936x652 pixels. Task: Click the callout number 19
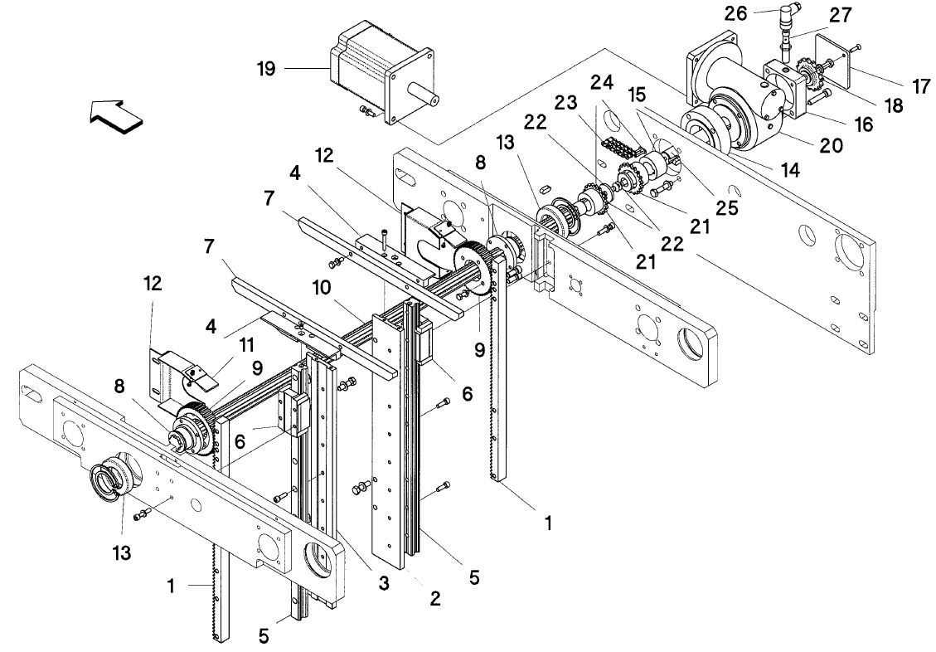point(266,69)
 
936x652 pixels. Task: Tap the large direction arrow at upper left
point(116,116)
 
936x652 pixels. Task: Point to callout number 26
point(735,13)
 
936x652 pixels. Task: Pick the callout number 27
point(839,15)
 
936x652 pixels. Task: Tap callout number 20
point(831,144)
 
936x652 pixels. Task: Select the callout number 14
point(789,170)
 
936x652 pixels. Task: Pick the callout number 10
point(321,288)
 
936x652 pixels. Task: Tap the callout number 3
point(383,582)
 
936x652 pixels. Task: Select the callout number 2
point(435,597)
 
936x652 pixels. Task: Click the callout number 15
point(637,95)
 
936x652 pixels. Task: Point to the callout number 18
point(895,105)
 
